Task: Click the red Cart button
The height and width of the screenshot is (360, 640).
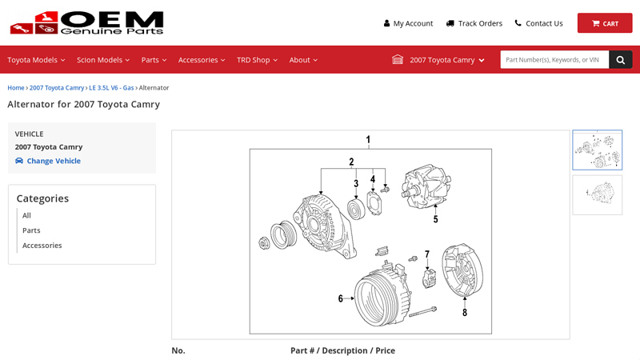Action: pyautogui.click(x=604, y=23)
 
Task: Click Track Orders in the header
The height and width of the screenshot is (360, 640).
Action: pyautogui.click(x=474, y=23)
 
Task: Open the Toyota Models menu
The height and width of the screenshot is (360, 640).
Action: pyautogui.click(x=36, y=60)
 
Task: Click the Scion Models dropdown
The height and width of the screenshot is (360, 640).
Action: pyautogui.click(x=103, y=60)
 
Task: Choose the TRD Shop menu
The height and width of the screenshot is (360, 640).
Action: pyautogui.click(x=257, y=60)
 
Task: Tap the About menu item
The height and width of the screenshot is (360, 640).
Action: pyautogui.click(x=303, y=60)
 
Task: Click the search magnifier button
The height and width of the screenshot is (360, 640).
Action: pyautogui.click(x=620, y=60)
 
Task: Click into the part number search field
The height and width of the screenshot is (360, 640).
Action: pyautogui.click(x=554, y=60)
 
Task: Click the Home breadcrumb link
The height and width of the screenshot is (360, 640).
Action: pyautogui.click(x=16, y=88)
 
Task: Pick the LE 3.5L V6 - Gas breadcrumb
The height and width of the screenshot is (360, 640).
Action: pyautogui.click(x=111, y=88)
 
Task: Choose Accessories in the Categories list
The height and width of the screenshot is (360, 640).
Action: pyautogui.click(x=42, y=246)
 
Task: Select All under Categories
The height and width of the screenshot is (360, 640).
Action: pyautogui.click(x=26, y=215)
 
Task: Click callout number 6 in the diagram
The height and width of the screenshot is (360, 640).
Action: pyautogui.click(x=340, y=298)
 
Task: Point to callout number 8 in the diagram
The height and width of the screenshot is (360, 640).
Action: pyautogui.click(x=464, y=313)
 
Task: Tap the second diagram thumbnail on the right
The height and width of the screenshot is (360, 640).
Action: pyautogui.click(x=597, y=194)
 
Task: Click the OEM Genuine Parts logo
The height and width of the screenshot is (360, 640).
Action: pyautogui.click(x=86, y=23)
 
